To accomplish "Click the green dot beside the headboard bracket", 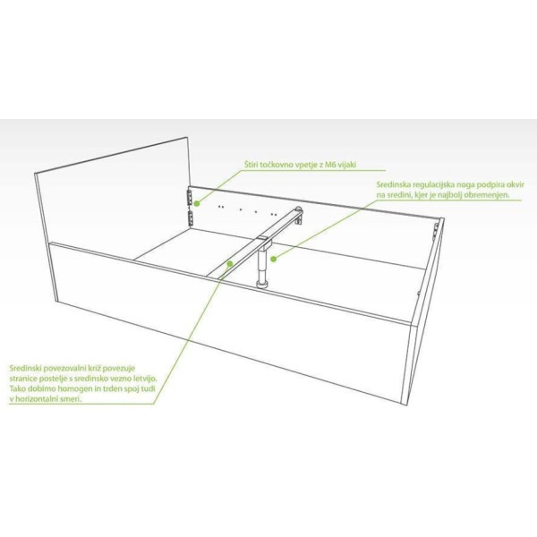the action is coord(197,203).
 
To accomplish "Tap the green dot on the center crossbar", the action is coord(230,263).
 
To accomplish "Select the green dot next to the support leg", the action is coord(273,259).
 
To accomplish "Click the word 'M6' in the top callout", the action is coord(329,165).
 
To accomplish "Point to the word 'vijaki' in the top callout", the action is coord(346,165).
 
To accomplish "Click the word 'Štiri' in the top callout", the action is coord(251,165).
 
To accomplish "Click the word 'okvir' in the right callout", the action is coord(516,184).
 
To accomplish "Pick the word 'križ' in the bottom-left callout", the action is coord(91,369).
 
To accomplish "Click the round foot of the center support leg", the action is coord(263,284).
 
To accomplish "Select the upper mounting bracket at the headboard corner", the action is coord(190,196).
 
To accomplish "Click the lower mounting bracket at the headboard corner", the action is coord(191,218).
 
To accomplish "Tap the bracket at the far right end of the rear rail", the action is coord(437,229).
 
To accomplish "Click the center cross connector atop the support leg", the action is coord(264,241).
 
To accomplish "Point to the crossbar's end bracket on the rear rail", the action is coord(299,216).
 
